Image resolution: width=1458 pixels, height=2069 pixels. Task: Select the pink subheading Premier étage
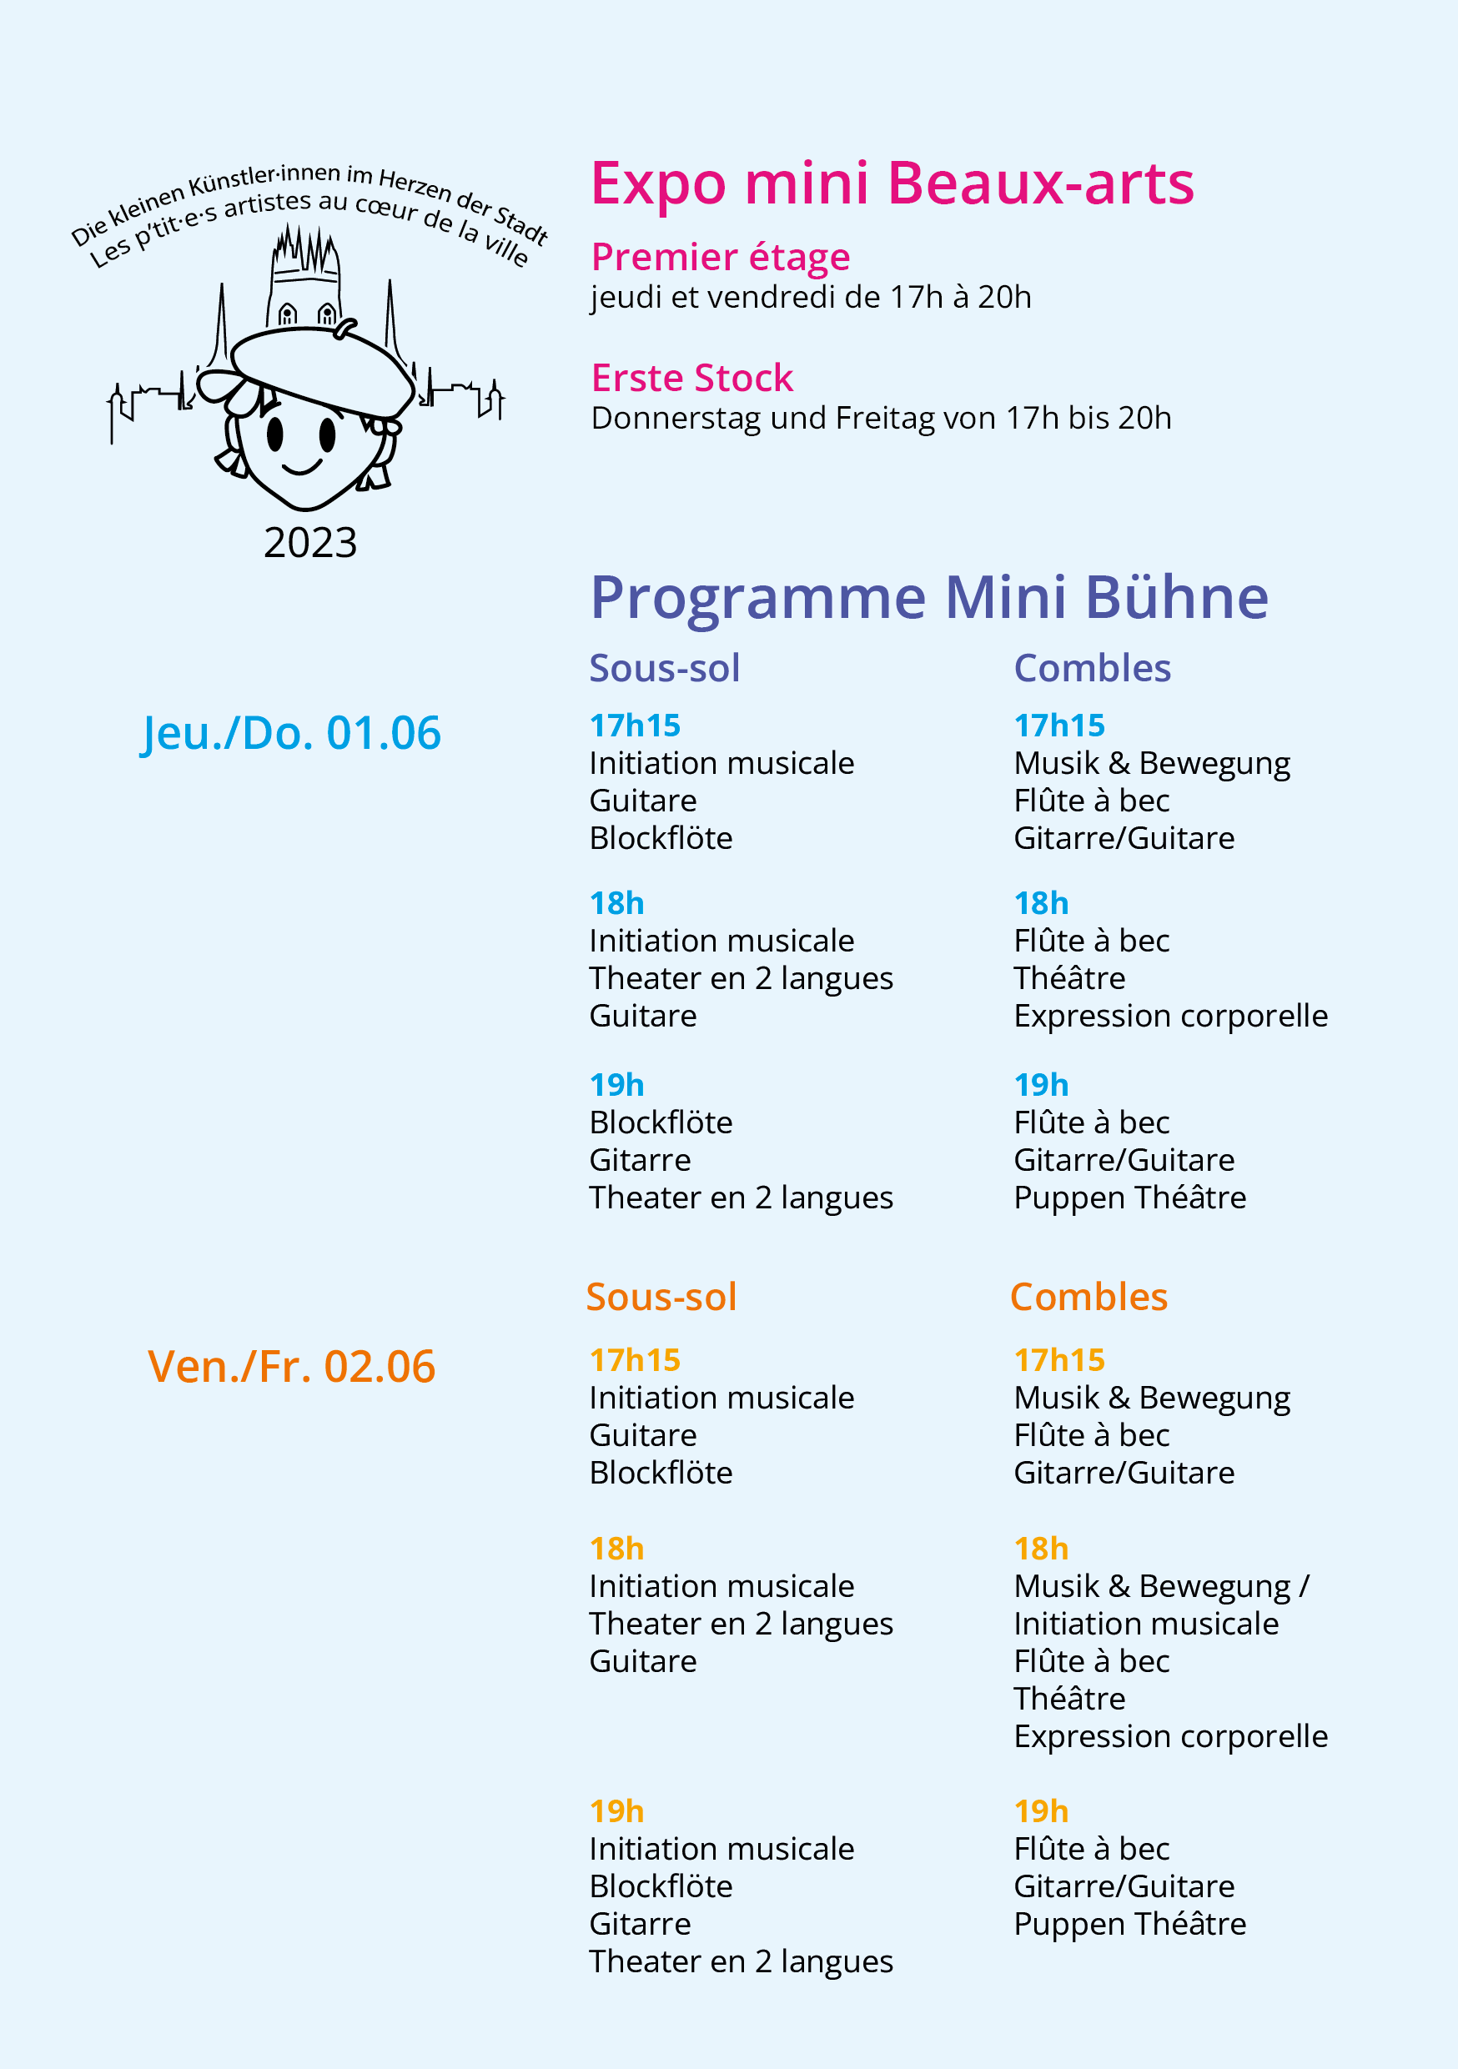(720, 258)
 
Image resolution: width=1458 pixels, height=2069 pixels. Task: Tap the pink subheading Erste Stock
(691, 379)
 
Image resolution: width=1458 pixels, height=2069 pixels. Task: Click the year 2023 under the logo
(310, 543)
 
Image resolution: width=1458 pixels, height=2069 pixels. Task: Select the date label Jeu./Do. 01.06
(291, 733)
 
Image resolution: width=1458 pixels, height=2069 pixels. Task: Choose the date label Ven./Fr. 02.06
(291, 1366)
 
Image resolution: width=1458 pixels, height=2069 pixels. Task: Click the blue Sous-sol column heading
(664, 669)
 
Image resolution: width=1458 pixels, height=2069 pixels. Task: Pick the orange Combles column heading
(1088, 1298)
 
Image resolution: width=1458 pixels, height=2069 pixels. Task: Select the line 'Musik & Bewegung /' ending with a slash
(1160, 1586)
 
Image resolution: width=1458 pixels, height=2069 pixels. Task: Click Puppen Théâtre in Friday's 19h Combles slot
(1129, 1924)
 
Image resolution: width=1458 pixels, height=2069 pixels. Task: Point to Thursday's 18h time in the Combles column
(1041, 903)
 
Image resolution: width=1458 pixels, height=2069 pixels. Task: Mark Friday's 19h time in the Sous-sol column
(616, 1811)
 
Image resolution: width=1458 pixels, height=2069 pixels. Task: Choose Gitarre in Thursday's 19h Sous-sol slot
(640, 1161)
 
